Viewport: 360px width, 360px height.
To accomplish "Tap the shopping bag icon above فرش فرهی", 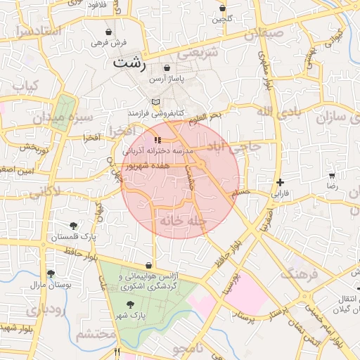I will pos(108,32).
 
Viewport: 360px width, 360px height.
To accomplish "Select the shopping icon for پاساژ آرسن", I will pos(167,68).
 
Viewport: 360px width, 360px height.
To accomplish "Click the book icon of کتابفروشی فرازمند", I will pos(155,102).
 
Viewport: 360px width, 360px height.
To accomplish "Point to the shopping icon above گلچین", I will pos(223,8).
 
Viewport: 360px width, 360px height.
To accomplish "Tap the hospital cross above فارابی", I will pos(281,182).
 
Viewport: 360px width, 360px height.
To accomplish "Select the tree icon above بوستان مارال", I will pos(50,274).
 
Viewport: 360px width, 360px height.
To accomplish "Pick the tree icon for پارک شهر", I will pos(130,304).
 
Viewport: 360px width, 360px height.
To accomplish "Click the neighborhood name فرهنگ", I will pos(298,273).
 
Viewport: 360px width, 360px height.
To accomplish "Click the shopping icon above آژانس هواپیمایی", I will pos(148,265).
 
